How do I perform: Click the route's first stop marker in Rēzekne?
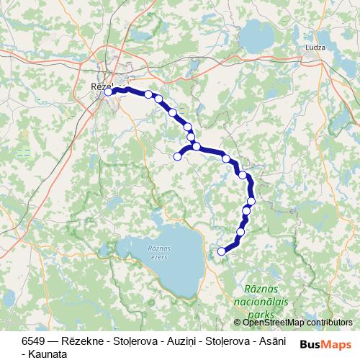[108, 91]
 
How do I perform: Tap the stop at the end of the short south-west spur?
[177, 156]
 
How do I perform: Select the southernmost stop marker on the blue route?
[222, 251]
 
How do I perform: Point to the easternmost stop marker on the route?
[251, 201]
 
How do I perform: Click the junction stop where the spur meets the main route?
[196, 146]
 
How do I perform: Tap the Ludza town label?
[316, 47]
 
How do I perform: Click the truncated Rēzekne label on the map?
[100, 86]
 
